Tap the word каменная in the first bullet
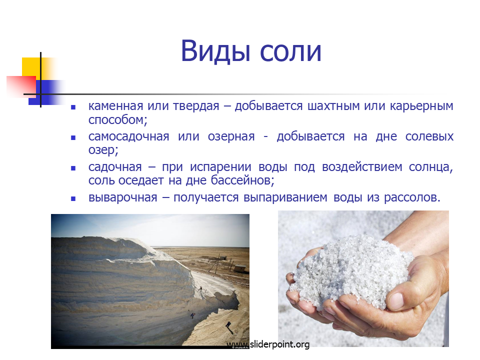(x=115, y=106)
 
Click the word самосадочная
(x=129, y=136)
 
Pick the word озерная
(x=231, y=137)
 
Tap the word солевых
(x=429, y=136)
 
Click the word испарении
(x=220, y=167)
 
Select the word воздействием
(x=362, y=167)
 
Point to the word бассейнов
(x=242, y=180)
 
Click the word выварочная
(x=123, y=197)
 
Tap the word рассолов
(x=412, y=197)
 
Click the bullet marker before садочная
(x=73, y=168)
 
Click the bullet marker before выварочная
(x=73, y=198)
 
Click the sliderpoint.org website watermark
(x=268, y=344)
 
